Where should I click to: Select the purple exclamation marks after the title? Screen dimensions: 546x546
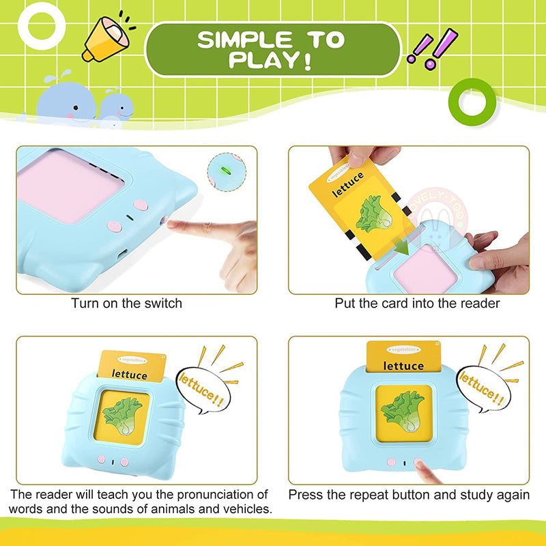pos(432,49)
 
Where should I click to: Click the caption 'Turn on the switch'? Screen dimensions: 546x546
pos(127,303)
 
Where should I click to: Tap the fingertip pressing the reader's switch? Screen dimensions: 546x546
pos(179,226)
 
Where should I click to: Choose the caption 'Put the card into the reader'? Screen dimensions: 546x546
pos(417,303)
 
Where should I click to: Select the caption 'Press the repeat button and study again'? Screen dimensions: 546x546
pos(409,494)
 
